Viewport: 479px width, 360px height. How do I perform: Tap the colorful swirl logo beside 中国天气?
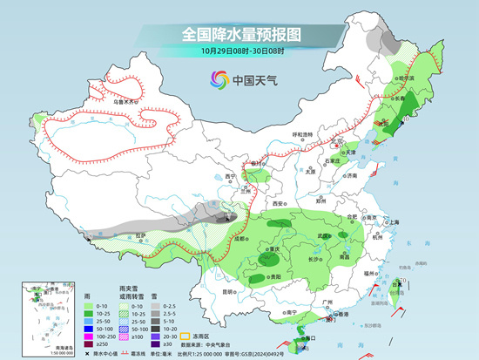pyautogui.click(x=216, y=80)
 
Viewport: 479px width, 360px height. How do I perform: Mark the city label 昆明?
pyautogui.click(x=228, y=291)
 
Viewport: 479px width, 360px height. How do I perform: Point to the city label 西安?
pyautogui.click(x=277, y=203)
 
